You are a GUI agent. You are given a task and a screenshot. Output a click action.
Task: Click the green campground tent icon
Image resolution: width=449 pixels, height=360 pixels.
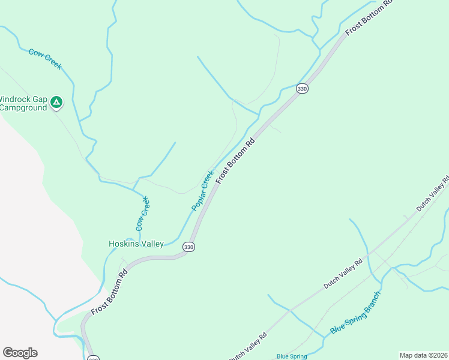click(56, 103)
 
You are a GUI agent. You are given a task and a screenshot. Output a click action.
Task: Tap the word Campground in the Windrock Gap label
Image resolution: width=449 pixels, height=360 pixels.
click(23, 108)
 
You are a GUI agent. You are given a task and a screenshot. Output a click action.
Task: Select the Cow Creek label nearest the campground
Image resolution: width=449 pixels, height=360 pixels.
click(45, 59)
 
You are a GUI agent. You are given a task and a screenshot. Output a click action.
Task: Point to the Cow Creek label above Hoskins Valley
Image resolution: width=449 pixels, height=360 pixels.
click(142, 214)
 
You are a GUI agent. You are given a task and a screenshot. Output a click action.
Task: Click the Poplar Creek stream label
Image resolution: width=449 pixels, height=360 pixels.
click(203, 190)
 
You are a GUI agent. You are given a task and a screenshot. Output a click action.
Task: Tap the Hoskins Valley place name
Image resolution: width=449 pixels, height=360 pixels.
click(136, 244)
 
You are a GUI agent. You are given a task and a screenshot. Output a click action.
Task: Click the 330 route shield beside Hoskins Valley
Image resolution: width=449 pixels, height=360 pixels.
click(189, 247)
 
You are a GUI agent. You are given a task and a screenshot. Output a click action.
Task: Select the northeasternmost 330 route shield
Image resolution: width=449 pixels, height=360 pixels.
click(302, 89)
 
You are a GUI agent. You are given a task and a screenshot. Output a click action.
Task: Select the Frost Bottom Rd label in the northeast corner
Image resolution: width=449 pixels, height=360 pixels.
click(369, 18)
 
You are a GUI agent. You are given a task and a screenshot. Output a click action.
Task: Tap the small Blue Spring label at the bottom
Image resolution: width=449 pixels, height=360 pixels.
click(291, 356)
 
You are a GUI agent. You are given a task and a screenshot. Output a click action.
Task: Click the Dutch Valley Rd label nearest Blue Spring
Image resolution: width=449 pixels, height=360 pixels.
click(247, 346)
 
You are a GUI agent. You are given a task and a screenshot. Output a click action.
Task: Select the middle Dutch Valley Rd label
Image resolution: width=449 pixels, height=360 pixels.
click(343, 274)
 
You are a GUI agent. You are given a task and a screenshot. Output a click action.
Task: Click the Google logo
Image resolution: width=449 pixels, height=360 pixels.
click(20, 353)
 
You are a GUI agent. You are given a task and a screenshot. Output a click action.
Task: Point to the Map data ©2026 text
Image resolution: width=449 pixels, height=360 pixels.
click(423, 355)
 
